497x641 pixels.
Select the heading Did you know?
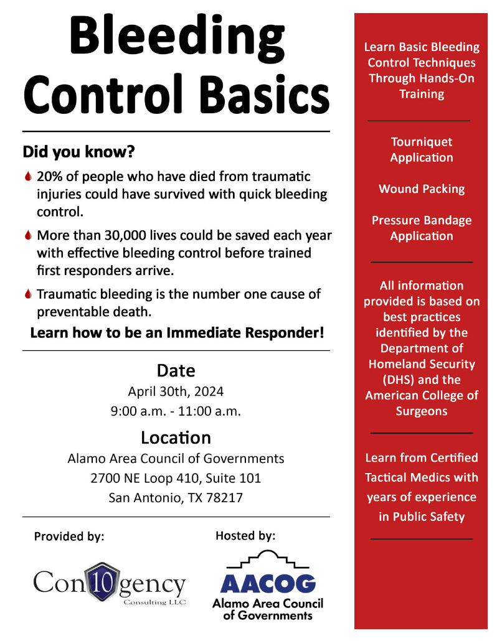pos(78,151)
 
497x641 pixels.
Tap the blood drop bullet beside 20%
pos(27,177)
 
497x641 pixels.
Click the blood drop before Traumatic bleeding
pos(27,294)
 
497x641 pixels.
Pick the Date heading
pos(176,370)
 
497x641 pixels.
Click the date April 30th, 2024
pos(176,391)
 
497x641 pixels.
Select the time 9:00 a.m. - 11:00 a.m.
pos(176,411)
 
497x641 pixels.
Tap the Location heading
pos(176,437)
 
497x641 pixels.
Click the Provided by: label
pos(69,536)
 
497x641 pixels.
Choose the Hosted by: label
pos(245,535)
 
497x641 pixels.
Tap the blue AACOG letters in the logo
pos(268,583)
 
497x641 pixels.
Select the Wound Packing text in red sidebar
pos(422,189)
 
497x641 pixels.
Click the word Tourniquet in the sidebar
pos(422,142)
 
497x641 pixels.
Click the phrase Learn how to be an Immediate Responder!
pos(177,332)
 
